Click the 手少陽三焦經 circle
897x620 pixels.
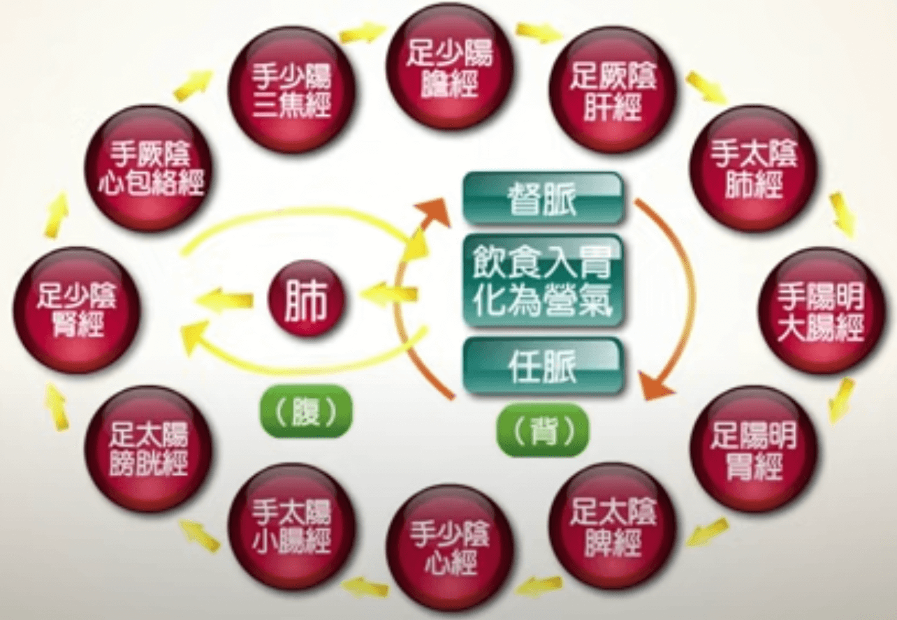pos(291,89)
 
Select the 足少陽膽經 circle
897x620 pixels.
pos(450,67)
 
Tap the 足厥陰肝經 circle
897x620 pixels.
pos(612,89)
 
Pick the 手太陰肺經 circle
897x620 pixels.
pos(753,168)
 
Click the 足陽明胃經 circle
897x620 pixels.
pos(753,448)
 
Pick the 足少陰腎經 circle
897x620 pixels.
pos(76,310)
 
